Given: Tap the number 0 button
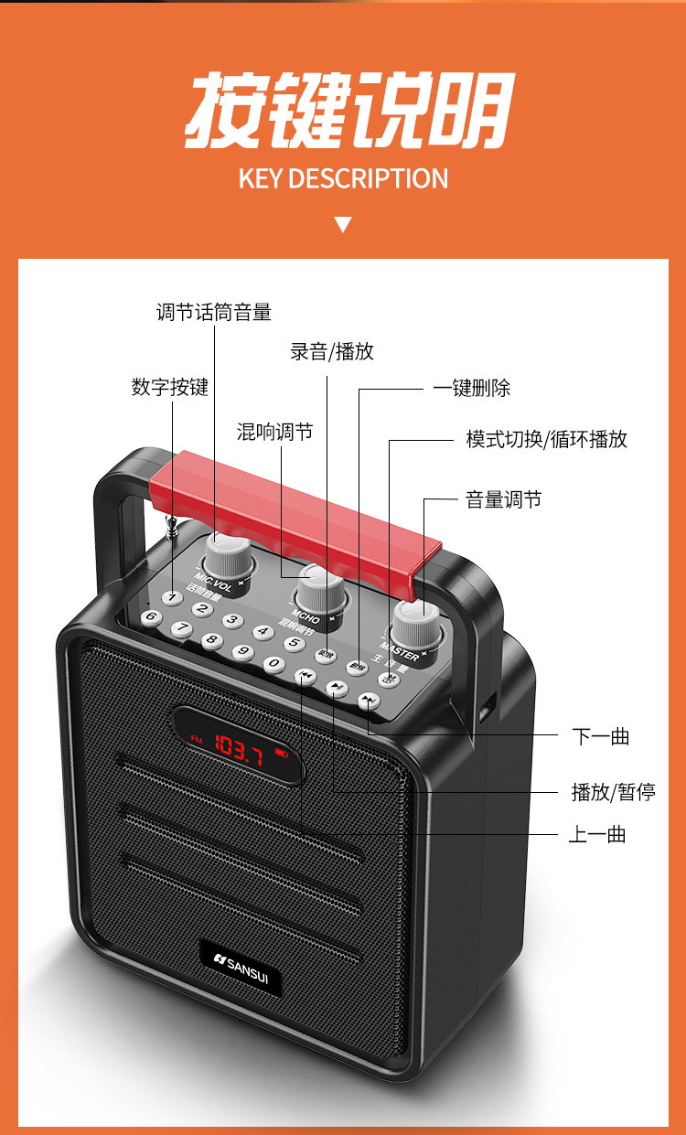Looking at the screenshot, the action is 273,664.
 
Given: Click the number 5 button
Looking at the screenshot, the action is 294,643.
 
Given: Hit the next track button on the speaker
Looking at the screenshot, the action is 368,701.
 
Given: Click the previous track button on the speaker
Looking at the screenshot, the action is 304,676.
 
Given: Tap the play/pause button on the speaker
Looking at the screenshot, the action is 337,689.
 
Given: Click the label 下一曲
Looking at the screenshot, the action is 601,736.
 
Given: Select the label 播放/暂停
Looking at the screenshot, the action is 613,791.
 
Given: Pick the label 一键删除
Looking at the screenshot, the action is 471,388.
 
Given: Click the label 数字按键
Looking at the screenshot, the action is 170,387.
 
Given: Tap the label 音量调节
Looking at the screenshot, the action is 503,499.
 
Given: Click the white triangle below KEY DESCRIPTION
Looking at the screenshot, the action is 343,224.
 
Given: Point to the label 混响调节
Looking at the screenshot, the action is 274,432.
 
